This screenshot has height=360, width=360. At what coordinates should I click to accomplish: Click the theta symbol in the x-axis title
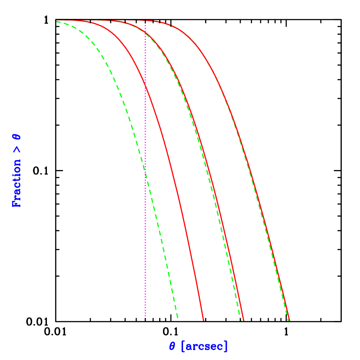coord(172,347)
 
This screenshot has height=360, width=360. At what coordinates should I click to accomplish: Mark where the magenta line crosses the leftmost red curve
coord(145,89)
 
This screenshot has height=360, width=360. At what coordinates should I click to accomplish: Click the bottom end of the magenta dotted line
coord(145,316)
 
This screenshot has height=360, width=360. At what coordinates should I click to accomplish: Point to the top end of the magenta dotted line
coord(145,22)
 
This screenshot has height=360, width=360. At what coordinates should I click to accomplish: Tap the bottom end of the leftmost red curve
coord(203,320)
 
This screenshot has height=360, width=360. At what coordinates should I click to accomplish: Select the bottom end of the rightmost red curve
coord(289,320)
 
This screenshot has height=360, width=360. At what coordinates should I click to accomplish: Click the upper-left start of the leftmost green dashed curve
coord(57,21)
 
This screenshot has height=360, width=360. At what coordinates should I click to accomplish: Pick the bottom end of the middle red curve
coord(244,320)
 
